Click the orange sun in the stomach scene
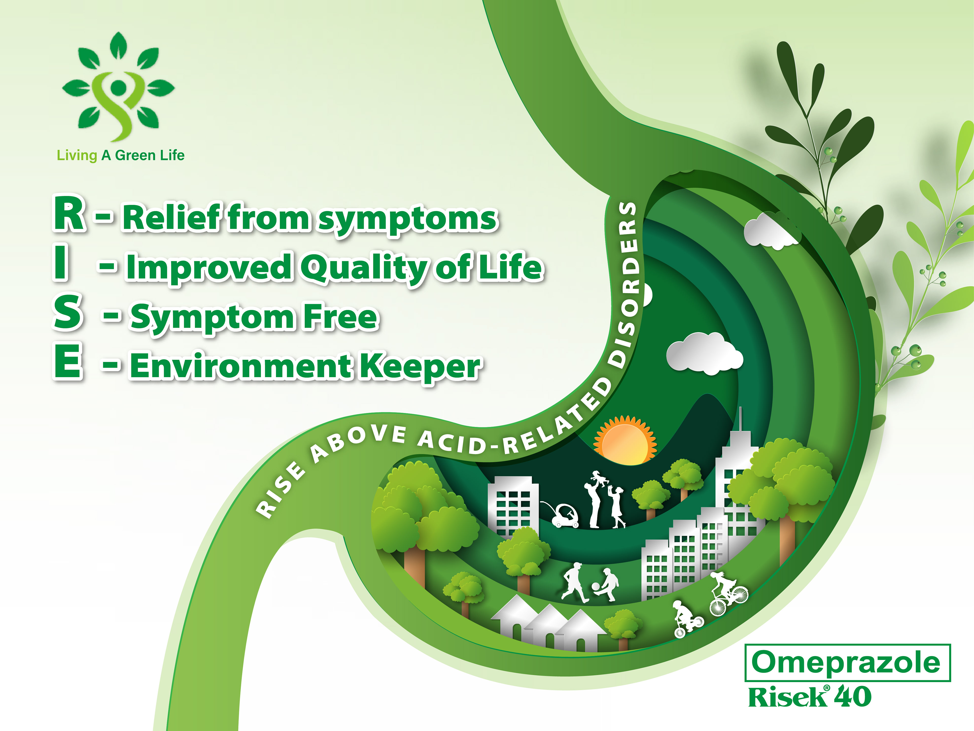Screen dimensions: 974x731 pos(625,441)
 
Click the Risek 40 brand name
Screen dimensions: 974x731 pos(810,697)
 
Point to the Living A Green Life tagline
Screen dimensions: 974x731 pos(121,155)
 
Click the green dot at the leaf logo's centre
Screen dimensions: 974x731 pos(118,86)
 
